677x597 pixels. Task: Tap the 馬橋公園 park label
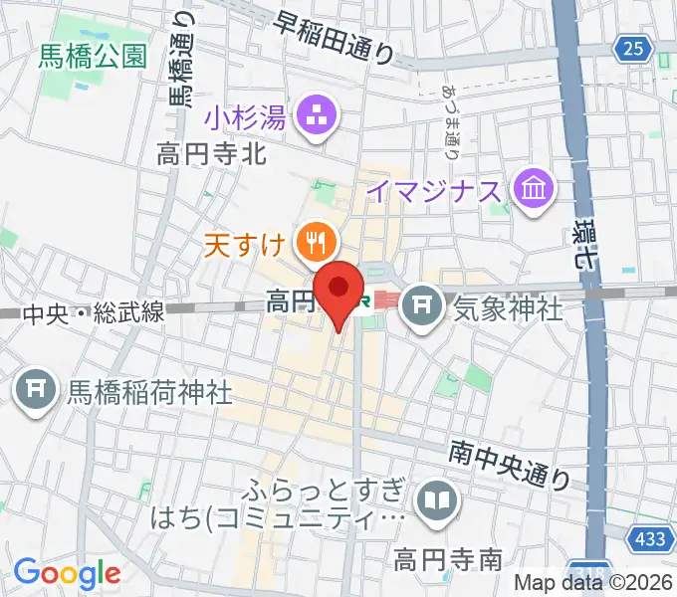click(92, 56)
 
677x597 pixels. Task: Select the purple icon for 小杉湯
click(318, 118)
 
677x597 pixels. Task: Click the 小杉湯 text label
click(246, 119)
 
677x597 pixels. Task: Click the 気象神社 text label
click(508, 308)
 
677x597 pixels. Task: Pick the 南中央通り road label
click(509, 465)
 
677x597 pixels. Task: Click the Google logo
click(67, 572)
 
